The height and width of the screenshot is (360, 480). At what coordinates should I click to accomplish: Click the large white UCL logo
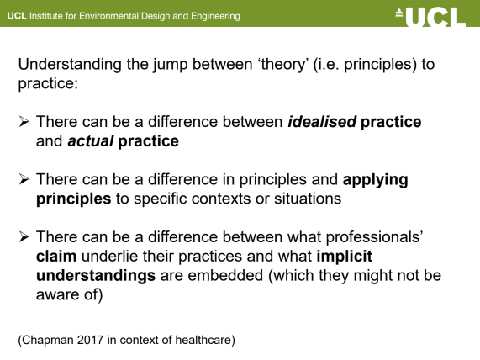435,17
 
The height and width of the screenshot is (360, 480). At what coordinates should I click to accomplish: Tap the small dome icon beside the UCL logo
398,13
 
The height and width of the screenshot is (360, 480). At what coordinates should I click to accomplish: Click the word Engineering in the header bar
215,16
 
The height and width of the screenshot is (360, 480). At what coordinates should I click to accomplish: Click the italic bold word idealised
322,122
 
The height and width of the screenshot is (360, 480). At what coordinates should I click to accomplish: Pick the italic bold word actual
91,141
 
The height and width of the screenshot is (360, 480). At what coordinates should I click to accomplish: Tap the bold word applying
375,180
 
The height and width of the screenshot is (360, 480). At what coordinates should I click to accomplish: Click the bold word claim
56,257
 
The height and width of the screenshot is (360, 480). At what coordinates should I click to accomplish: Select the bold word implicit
345,257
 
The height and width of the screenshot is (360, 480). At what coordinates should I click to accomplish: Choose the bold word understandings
96,276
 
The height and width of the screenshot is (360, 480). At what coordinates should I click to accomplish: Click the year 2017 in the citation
90,340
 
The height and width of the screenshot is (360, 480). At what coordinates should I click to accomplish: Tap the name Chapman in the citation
48,341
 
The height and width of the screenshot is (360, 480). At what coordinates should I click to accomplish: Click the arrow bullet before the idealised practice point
24,122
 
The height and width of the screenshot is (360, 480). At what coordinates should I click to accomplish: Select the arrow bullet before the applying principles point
24,179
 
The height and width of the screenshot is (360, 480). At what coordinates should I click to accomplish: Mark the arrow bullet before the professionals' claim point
24,237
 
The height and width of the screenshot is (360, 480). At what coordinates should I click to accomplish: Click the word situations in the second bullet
308,199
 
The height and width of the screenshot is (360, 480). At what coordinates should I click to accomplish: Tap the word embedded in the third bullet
225,275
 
